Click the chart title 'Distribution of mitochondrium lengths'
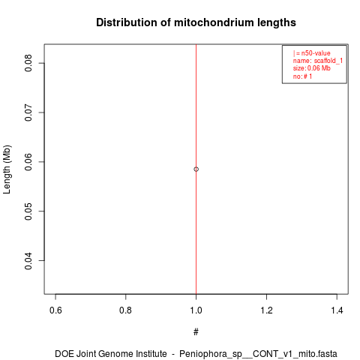196,22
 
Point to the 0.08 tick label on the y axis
28,63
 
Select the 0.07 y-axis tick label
28,112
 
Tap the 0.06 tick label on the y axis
28,162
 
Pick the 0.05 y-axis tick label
28,211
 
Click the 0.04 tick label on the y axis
28,261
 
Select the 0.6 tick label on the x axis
55,310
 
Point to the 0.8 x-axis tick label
125,310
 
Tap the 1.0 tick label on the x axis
196,310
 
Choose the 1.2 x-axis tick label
266,310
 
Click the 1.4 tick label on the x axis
337,310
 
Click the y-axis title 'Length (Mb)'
7,169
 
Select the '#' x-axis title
196,332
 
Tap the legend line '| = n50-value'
312,53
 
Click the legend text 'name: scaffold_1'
318,61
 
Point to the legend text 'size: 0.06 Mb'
312,68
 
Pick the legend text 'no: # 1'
302,76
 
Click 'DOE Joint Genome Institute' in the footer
111,354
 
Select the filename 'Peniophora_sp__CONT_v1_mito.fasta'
258,354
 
